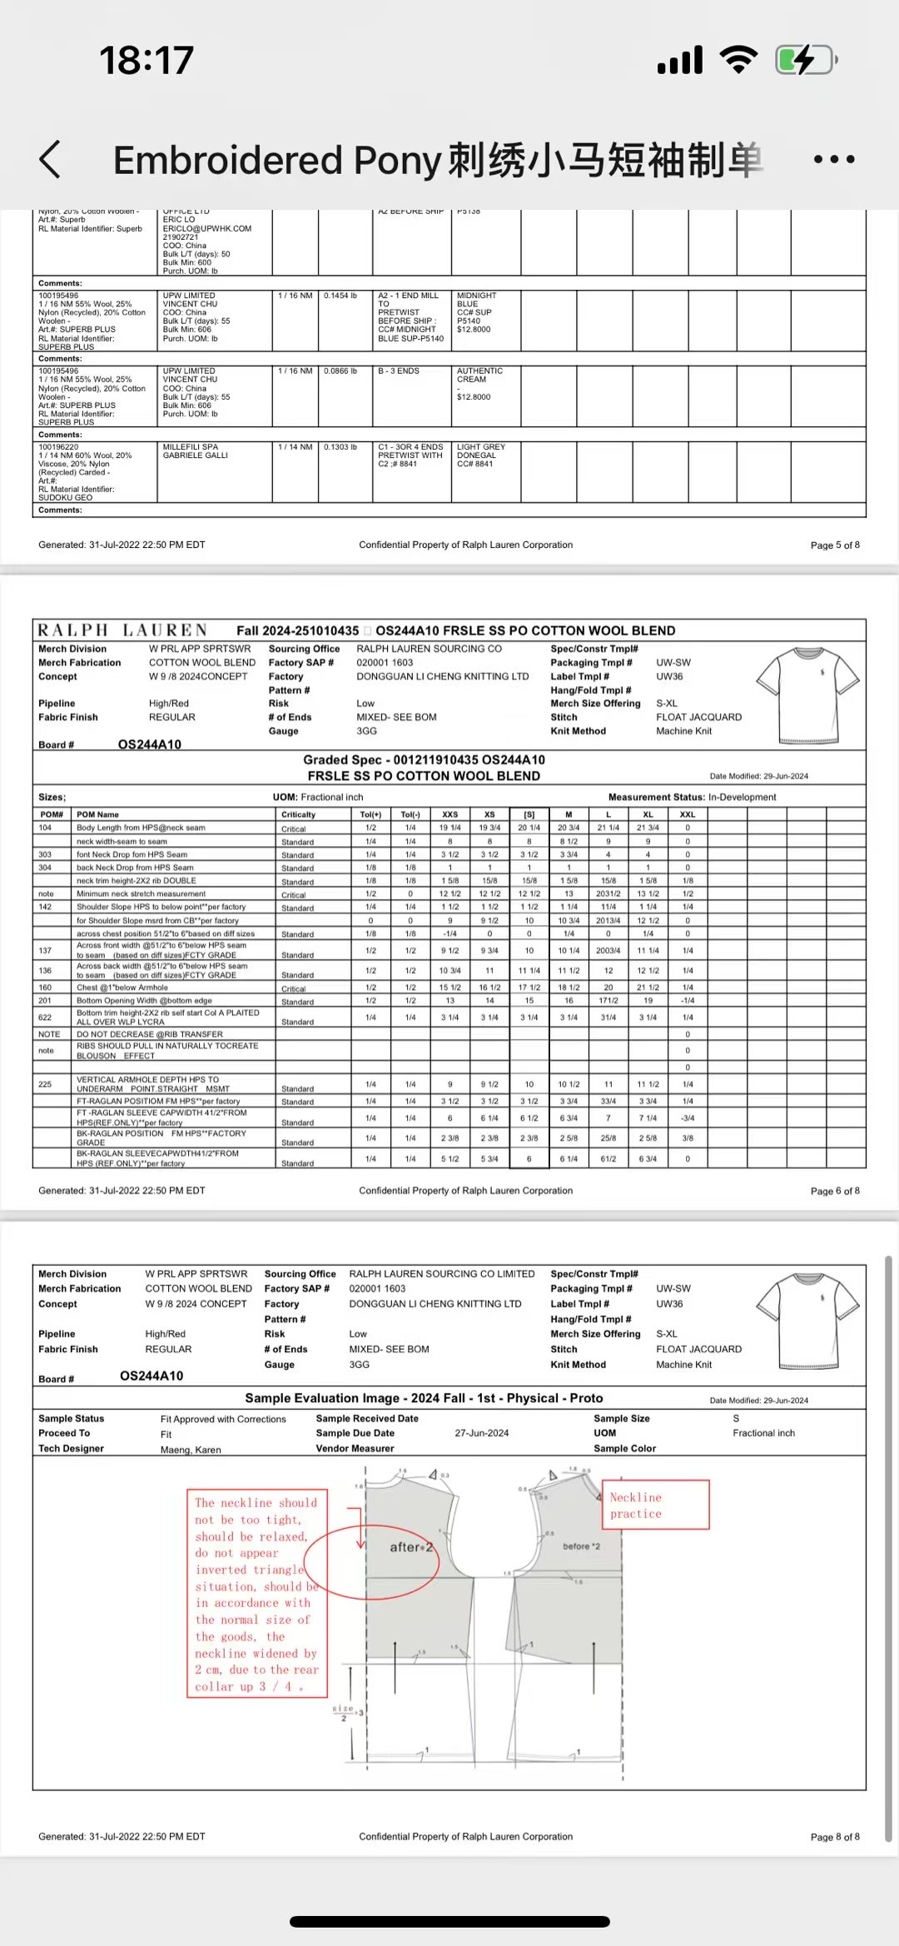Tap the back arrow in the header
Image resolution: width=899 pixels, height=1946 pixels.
(x=50, y=159)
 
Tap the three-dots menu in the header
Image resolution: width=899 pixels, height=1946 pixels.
(x=834, y=159)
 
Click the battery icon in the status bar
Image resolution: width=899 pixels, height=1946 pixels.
(x=805, y=60)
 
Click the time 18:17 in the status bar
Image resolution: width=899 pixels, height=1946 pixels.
(x=147, y=60)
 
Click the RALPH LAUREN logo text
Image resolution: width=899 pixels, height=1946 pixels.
(x=122, y=630)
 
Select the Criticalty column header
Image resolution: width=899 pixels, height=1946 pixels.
(x=298, y=814)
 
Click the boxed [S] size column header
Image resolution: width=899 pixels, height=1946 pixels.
(x=529, y=814)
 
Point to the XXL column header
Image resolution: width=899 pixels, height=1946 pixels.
(x=688, y=814)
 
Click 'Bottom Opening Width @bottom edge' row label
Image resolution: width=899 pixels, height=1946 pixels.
(x=144, y=1001)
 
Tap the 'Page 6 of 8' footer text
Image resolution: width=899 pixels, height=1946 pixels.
(x=835, y=1191)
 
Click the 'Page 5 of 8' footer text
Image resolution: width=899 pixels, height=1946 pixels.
(x=835, y=545)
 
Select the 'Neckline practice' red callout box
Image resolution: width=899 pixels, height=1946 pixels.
(x=655, y=1505)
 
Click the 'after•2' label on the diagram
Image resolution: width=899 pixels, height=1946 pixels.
(x=412, y=1547)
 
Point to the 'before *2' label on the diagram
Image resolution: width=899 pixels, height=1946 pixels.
(x=581, y=1546)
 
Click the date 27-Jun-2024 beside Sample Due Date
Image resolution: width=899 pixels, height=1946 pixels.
(x=481, y=1433)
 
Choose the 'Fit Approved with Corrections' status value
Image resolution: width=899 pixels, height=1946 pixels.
(x=223, y=1419)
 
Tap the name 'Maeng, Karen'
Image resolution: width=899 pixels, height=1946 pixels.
(x=191, y=1450)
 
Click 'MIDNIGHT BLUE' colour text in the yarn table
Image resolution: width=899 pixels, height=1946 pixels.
(x=476, y=300)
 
